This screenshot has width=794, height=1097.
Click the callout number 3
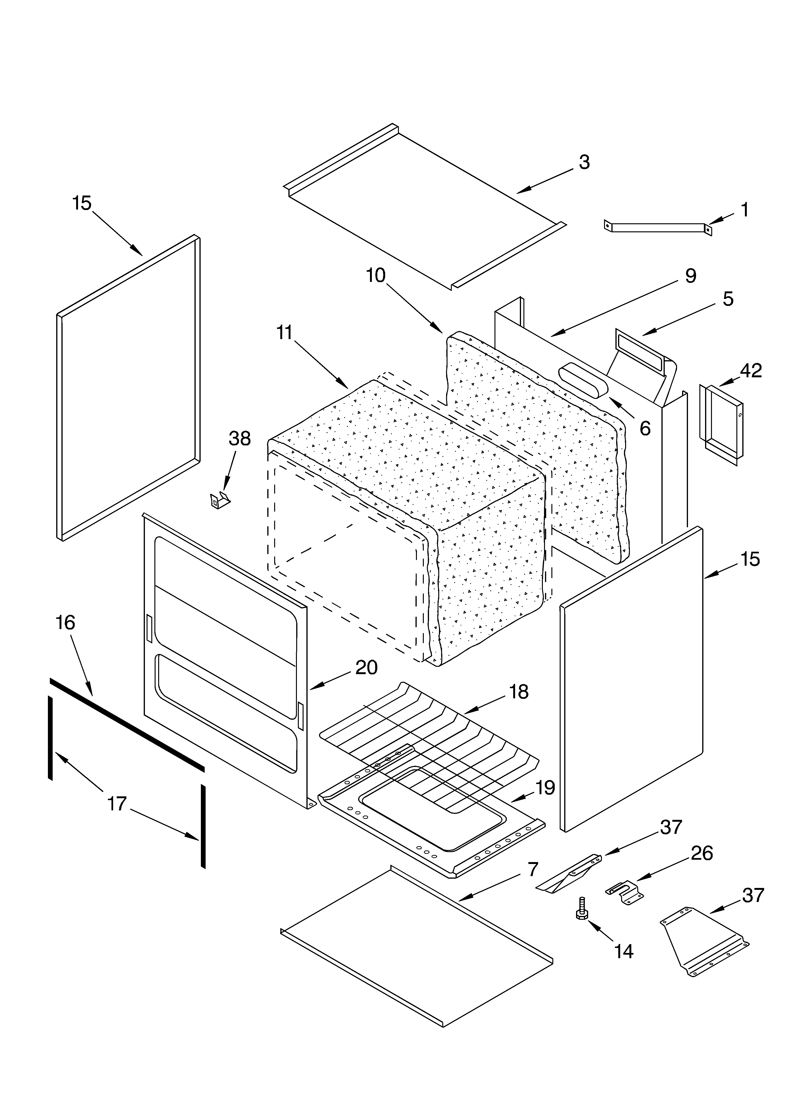click(x=584, y=163)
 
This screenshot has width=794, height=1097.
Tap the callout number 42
click(x=750, y=370)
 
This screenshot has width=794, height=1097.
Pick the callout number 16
click(x=65, y=622)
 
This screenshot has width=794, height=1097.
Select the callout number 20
click(x=366, y=668)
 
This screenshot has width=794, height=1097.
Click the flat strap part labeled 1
click(x=658, y=227)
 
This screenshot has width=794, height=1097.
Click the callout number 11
click(x=285, y=333)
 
